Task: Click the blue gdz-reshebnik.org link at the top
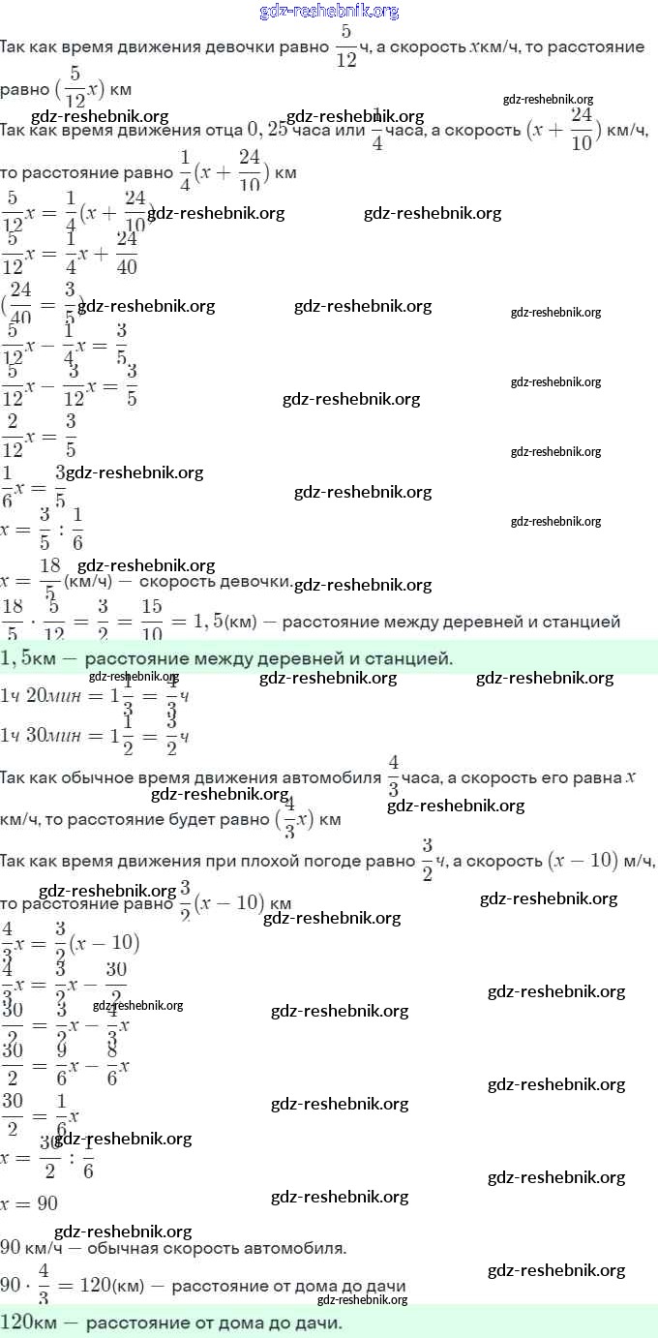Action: [329, 12]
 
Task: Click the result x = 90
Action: [29, 1203]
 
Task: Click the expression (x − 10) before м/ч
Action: [582, 861]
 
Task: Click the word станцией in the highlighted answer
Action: [411, 659]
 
